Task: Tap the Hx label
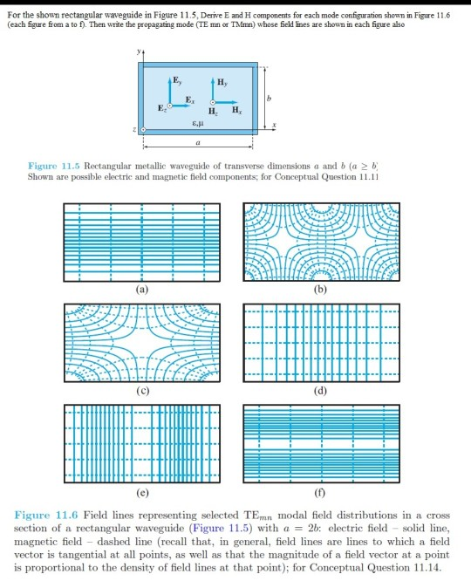click(235, 111)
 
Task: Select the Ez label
click(158, 111)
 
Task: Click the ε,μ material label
click(201, 126)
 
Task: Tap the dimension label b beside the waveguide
click(271, 99)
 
